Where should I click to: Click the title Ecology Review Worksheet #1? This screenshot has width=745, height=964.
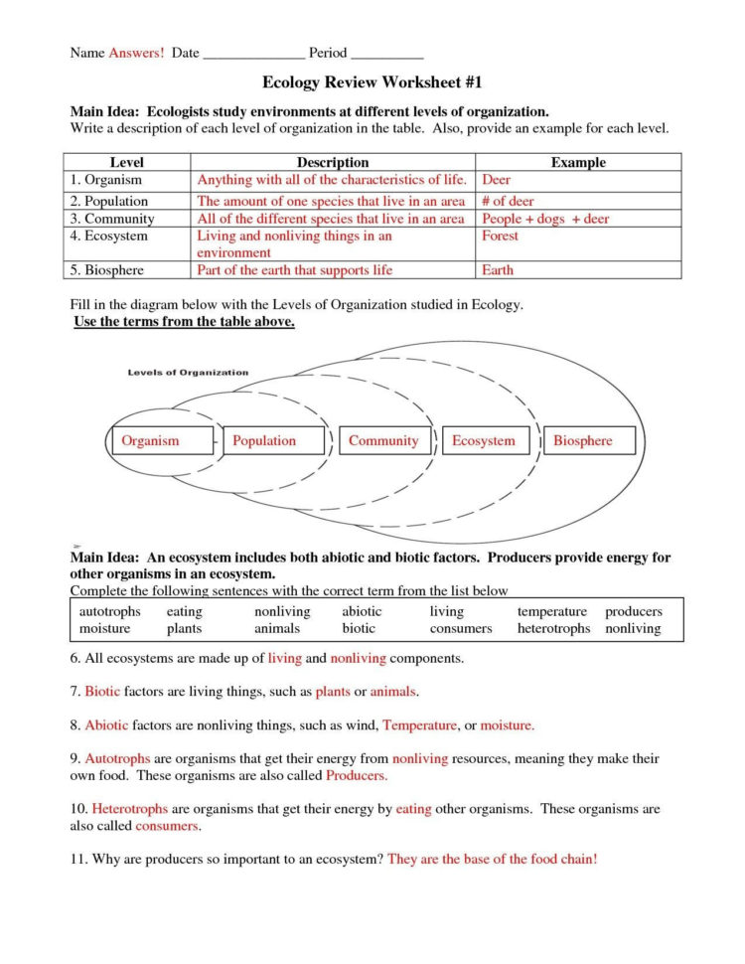(x=372, y=82)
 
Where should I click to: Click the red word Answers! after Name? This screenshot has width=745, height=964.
(x=136, y=52)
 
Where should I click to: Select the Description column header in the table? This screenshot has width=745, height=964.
(x=333, y=162)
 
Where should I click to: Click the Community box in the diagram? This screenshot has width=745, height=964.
(x=383, y=441)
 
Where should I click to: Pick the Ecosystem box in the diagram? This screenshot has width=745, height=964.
(x=484, y=441)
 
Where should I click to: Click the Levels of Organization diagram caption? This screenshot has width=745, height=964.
(x=188, y=373)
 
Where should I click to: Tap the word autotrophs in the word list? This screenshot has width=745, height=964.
(x=109, y=612)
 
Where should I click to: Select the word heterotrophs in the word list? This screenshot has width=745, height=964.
(x=553, y=629)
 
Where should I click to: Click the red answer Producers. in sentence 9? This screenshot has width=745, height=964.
(x=357, y=775)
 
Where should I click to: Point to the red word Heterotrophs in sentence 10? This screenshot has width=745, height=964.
(x=130, y=809)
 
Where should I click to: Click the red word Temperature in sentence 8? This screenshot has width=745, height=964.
(x=418, y=725)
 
